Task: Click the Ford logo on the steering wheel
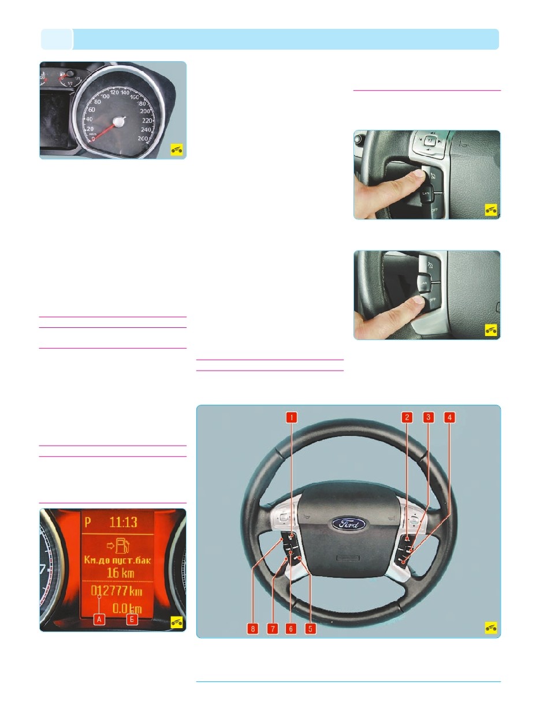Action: pos(348,525)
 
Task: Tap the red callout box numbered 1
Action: pos(292,417)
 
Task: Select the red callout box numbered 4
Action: pos(448,417)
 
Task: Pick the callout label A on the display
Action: pos(99,619)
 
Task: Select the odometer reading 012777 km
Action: pos(117,592)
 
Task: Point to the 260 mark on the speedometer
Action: pos(144,139)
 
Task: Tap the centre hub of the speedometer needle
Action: pos(120,121)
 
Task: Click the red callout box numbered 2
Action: pos(408,417)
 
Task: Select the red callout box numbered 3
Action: pos(428,417)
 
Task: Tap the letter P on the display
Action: pos(88,523)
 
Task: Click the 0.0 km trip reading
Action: pos(126,609)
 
